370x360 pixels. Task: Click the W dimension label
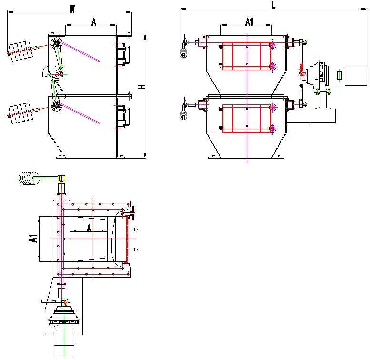pos(72,9)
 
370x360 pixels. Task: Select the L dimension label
pos(273,5)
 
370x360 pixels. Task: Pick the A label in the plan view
pos(89,228)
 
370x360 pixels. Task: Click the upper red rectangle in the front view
pos(247,56)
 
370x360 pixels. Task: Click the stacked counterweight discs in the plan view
pos(27,178)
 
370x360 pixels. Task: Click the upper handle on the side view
pos(122,53)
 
